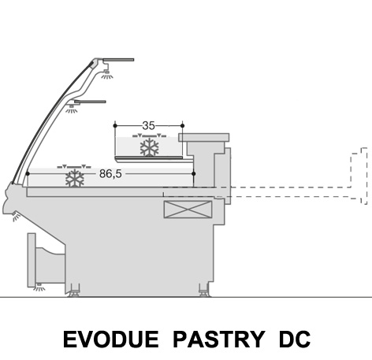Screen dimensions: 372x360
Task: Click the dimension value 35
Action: (148, 126)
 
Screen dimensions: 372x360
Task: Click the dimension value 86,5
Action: (110, 173)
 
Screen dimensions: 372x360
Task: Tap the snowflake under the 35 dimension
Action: (150, 147)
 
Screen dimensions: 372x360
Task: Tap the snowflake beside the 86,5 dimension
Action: (75, 178)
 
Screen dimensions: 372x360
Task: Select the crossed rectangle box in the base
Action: (188, 210)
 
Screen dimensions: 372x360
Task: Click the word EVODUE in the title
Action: (111, 340)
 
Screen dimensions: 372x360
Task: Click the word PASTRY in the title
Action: (219, 340)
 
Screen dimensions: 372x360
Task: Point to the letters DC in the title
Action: (295, 340)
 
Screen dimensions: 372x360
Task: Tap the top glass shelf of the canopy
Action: (118, 60)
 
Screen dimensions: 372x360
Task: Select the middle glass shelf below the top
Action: (90, 102)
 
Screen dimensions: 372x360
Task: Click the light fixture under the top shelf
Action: (107, 75)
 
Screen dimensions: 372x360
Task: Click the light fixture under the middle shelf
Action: (72, 109)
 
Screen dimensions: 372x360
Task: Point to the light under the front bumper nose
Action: (16, 216)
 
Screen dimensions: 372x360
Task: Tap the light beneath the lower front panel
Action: (39, 288)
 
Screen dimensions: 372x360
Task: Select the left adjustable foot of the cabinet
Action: (74, 291)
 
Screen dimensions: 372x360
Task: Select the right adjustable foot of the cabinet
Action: (204, 291)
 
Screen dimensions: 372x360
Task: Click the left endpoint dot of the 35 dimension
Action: (115, 126)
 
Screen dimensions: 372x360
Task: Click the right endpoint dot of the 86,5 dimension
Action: (194, 173)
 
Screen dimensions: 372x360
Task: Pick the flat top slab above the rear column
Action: (204, 138)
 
